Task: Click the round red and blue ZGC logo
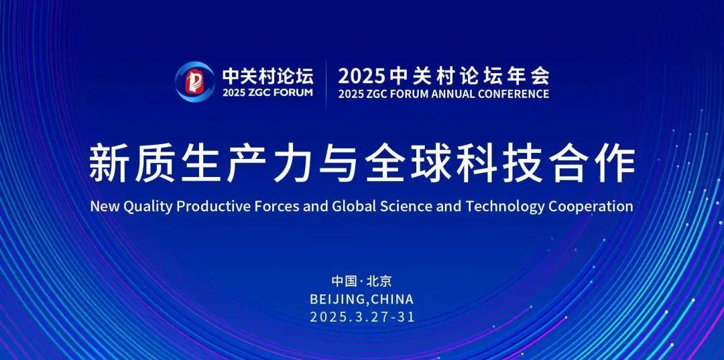pos(194,82)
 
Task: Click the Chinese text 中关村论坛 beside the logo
pos(267,75)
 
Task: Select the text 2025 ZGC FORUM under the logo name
pos(267,93)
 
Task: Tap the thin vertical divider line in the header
pos(326,84)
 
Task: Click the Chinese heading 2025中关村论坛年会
pos(443,75)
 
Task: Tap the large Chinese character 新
pos(108,164)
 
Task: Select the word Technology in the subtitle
pos(505,206)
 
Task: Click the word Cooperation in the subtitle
pos(591,206)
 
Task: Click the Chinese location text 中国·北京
pos(361,281)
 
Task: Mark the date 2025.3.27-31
pos(362,317)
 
